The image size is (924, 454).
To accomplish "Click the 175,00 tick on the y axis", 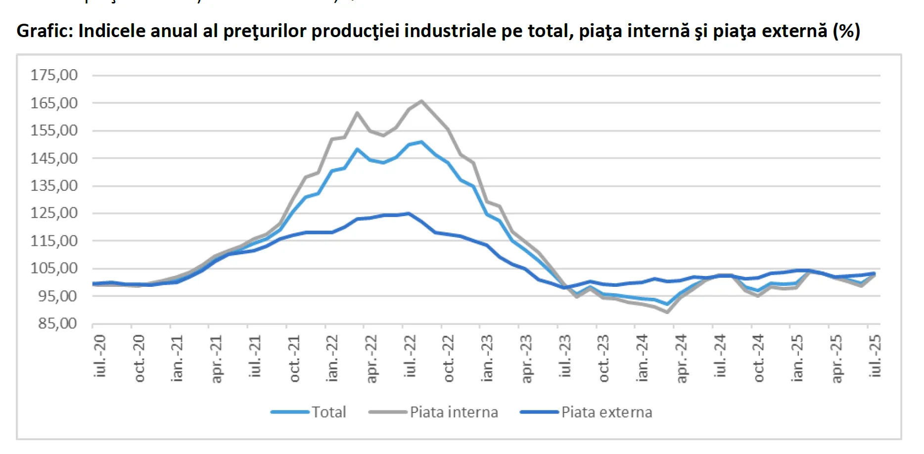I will (x=54, y=75).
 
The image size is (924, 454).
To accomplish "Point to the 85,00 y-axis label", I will (x=57, y=323).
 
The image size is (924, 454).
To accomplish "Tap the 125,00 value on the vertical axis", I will (x=54, y=213).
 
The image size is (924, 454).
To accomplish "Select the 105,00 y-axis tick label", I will (x=54, y=269).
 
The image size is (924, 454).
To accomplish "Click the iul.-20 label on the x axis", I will (x=99, y=356).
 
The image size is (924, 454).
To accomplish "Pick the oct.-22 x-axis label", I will (x=448, y=358).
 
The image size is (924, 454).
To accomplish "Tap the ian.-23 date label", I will (x=487, y=358).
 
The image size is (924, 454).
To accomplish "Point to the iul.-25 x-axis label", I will (x=875, y=356).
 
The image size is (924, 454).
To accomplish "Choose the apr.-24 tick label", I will (x=681, y=359).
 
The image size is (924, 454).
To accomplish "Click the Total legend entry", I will (x=328, y=412).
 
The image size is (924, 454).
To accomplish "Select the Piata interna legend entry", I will (x=454, y=412).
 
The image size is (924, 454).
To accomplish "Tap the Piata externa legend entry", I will (x=606, y=412).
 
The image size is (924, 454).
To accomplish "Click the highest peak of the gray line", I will (x=421, y=101).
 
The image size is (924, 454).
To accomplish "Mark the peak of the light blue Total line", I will (x=421, y=142).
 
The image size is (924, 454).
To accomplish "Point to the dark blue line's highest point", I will (x=408, y=213).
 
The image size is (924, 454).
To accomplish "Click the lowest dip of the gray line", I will (x=667, y=312).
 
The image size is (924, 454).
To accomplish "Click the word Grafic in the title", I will (x=44, y=31).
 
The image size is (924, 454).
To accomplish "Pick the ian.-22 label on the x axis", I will (x=332, y=358).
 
